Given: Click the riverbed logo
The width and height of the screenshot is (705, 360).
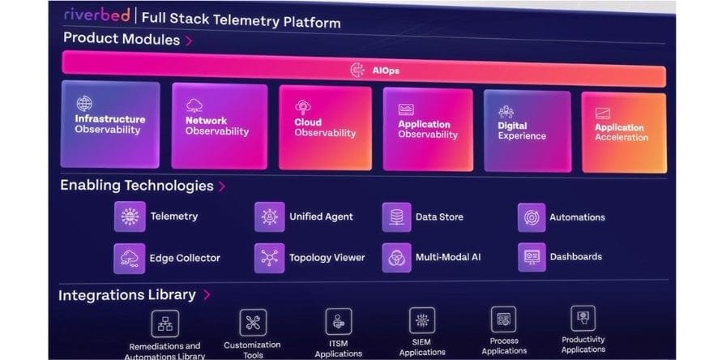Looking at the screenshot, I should click(96, 16).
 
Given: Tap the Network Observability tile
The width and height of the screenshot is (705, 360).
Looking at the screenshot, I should click(219, 125).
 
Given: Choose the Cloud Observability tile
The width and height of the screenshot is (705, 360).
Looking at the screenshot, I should click(325, 127).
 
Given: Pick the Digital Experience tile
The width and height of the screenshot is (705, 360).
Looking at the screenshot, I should click(528, 130).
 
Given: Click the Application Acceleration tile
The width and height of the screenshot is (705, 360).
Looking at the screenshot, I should click(623, 132).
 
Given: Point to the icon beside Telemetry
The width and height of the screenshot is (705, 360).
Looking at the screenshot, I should click(130, 216).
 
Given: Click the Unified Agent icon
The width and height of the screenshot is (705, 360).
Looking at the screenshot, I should click(270, 216).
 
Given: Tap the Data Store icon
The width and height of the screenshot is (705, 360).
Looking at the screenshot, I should click(396, 217).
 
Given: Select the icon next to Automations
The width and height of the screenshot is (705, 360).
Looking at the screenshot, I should click(532, 217).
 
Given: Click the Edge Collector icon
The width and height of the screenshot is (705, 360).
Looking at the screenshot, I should click(130, 258).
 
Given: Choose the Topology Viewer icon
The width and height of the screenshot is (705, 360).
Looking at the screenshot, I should click(270, 258).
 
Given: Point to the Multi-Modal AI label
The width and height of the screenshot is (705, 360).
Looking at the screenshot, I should click(448, 258).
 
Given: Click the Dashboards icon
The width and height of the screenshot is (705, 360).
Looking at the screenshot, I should click(532, 257).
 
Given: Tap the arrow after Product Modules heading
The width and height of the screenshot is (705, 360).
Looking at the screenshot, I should click(189, 40).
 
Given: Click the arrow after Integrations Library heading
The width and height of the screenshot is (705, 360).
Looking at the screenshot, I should click(207, 295).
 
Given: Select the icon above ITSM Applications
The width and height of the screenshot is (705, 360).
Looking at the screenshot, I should click(338, 321).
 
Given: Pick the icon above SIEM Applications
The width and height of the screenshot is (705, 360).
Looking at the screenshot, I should click(421, 320).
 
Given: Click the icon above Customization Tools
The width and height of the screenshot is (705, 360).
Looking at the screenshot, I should click(252, 322).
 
